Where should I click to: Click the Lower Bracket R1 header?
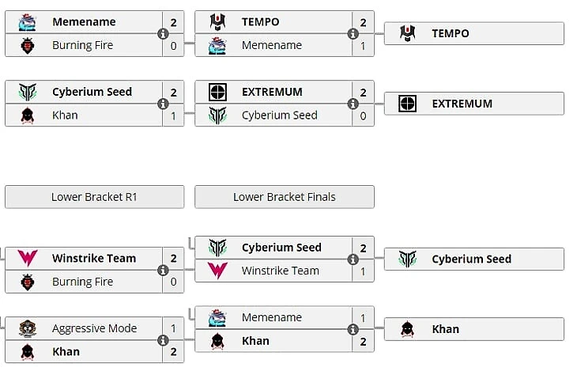(94, 197)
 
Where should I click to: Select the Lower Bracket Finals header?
(284, 197)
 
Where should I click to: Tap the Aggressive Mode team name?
(94, 328)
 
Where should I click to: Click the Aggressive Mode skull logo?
(28, 328)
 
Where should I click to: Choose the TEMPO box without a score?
(473, 33)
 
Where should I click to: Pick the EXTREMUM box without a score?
(473, 104)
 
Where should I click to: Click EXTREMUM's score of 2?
(363, 92)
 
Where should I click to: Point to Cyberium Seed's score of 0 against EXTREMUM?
(363, 116)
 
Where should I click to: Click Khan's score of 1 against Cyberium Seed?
(173, 116)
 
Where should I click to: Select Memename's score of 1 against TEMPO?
(363, 46)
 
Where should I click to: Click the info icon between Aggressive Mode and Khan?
(163, 340)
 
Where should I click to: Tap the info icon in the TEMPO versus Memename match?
(353, 34)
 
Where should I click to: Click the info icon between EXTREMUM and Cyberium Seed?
(353, 104)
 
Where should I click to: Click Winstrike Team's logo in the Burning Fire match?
(28, 258)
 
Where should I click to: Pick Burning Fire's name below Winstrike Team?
(82, 282)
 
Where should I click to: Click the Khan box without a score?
(473, 329)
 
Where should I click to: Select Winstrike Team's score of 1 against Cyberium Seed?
(363, 271)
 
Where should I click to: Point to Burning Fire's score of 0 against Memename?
(173, 46)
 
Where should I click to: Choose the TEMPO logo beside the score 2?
(217, 22)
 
